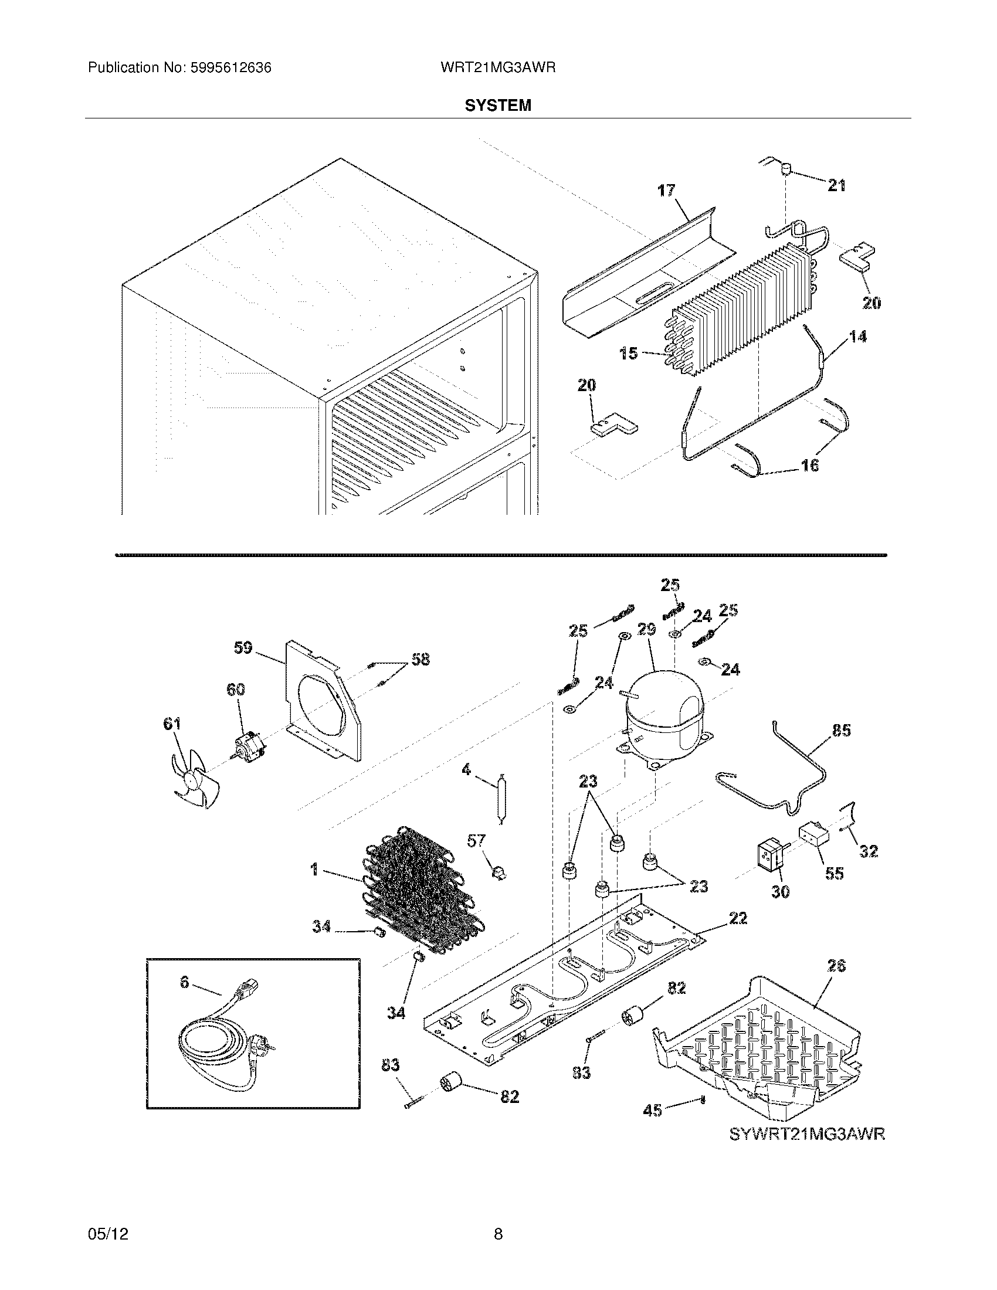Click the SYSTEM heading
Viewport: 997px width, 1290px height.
[497, 106]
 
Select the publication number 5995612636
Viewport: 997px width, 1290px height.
[230, 68]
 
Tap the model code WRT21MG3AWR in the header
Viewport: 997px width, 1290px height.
[497, 68]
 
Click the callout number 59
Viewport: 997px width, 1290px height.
[242, 648]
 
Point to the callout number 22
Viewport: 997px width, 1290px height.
[738, 918]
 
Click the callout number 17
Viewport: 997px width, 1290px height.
[667, 191]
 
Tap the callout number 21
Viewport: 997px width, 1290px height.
[836, 185]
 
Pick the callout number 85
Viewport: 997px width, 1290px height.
[841, 731]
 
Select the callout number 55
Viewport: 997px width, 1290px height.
[834, 873]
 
